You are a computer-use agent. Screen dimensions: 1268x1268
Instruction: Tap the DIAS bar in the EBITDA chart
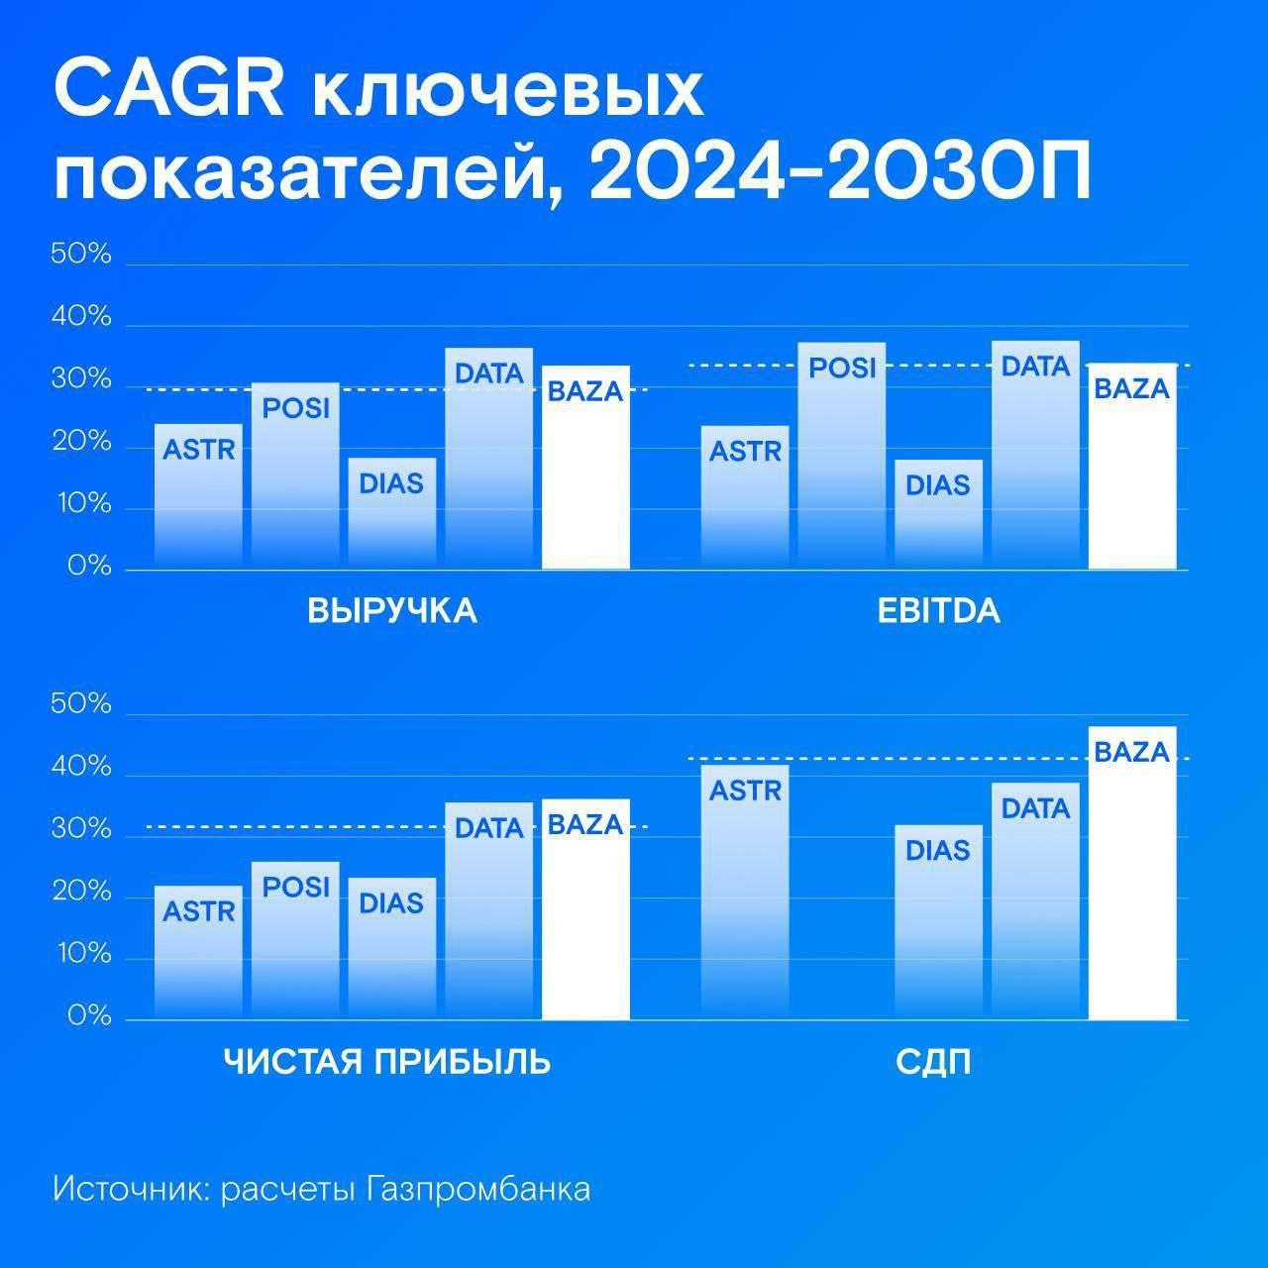[x=938, y=514]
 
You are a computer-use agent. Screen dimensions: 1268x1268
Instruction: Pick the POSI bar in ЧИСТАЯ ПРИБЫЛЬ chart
[x=295, y=940]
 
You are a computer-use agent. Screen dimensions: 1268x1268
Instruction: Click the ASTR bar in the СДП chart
[x=745, y=892]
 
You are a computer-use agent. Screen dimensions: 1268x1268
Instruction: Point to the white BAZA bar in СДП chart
[x=1132, y=873]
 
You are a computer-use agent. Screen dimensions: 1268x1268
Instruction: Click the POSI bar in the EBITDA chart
[x=842, y=456]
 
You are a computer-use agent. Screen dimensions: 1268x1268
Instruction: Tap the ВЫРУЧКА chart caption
[x=392, y=611]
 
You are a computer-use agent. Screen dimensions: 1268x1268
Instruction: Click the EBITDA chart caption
[x=938, y=611]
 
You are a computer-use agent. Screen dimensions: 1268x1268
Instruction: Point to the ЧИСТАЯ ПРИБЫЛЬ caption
[x=387, y=1062]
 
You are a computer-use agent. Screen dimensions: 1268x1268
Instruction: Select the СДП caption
[x=933, y=1063]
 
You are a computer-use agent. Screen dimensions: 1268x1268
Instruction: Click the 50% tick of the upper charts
[x=81, y=255]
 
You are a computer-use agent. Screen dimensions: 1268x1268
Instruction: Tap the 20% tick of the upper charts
[x=81, y=442]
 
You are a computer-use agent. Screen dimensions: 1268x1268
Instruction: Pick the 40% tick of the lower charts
[x=81, y=766]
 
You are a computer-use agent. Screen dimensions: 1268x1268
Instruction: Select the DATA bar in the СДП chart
[x=1035, y=901]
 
